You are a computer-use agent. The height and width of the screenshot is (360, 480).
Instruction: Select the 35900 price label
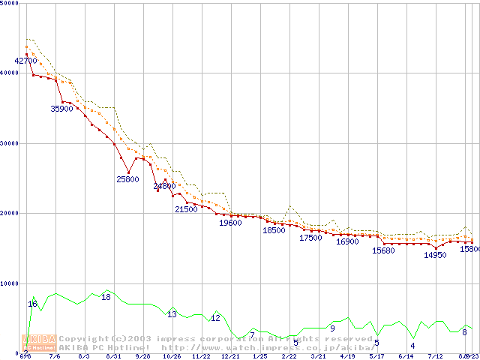61,109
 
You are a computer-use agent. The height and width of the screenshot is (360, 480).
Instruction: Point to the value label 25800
127,179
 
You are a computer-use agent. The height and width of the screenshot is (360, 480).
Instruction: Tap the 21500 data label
186,209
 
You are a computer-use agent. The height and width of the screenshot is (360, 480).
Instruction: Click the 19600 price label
230,223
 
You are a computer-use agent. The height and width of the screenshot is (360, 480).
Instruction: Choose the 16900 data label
347,241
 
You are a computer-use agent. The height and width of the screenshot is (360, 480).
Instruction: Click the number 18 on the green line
106,297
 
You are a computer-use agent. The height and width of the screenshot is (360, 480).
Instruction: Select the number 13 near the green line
172,314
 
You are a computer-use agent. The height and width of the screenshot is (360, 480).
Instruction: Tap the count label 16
32,304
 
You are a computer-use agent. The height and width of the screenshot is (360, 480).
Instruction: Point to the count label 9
332,328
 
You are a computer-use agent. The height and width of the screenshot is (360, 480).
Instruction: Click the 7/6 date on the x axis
54,357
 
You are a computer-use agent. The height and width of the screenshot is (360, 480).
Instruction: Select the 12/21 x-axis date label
229,357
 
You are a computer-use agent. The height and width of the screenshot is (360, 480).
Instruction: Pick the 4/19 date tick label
347,357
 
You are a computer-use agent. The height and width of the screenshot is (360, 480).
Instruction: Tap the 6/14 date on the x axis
406,357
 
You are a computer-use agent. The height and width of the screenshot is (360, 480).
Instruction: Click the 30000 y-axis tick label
10,143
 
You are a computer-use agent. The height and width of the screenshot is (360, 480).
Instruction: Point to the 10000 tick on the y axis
10,283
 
